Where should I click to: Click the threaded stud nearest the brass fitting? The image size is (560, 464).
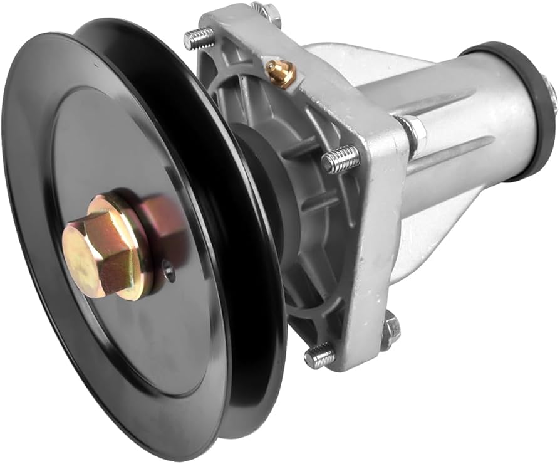click(198, 39)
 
